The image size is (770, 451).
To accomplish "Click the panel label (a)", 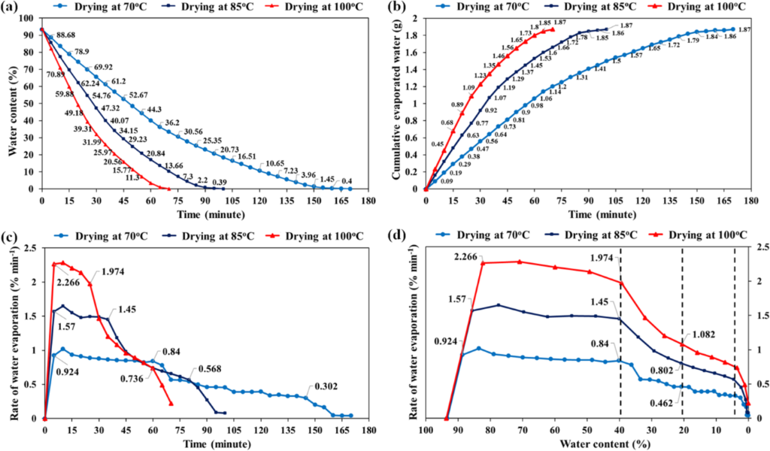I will (x=14, y=8).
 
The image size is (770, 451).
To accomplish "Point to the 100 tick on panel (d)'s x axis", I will (x=426, y=430).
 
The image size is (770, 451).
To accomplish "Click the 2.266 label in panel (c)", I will (x=65, y=284).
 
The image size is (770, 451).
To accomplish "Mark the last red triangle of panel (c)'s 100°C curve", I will (x=171, y=404).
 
